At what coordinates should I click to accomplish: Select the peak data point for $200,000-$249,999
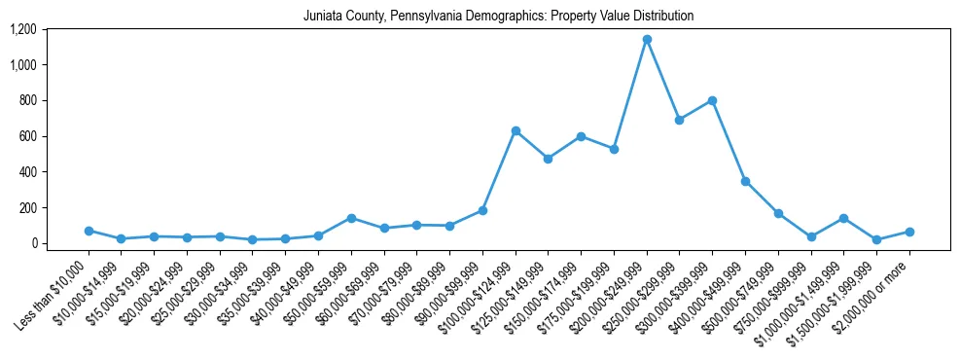pos(647,40)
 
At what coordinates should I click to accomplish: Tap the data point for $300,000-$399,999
pos(712,100)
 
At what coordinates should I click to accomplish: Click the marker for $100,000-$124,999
pos(516,130)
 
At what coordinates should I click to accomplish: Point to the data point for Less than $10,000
pos(89,231)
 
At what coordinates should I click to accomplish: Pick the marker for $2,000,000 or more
pos(909,232)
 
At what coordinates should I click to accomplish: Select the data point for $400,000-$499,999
pos(745,181)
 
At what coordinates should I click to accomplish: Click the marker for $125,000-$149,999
pos(548,159)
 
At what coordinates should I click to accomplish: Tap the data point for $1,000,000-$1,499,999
pos(843,218)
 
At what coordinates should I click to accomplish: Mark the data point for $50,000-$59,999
pos(351,218)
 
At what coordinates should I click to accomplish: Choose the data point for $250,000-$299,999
pos(679,120)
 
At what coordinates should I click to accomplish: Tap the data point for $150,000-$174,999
pos(581,136)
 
